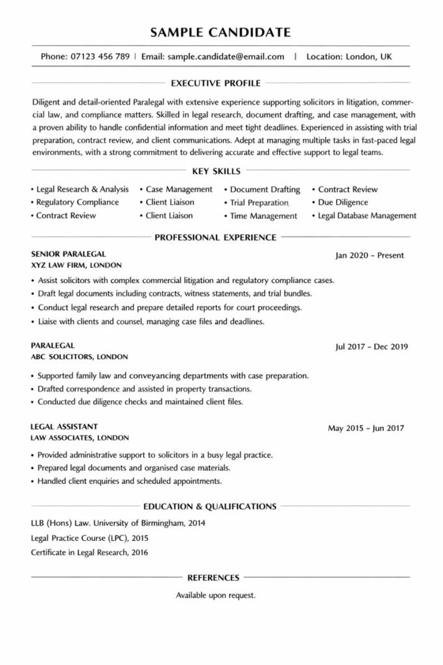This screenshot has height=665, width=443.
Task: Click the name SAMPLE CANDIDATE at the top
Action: tap(221, 32)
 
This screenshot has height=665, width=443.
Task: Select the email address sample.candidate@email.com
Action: tap(225, 56)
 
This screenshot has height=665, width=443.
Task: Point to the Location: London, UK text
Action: tap(349, 56)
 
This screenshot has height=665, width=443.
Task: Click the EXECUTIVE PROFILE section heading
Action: tap(215, 83)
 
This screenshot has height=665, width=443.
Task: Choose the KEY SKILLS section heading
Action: tap(217, 171)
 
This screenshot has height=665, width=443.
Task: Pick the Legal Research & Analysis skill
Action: tap(82, 189)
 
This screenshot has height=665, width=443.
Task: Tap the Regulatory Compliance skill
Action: tap(78, 202)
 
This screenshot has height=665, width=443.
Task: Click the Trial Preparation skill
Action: tap(259, 203)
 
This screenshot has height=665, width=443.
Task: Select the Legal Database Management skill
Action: tap(367, 216)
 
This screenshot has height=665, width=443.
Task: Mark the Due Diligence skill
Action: tap(344, 202)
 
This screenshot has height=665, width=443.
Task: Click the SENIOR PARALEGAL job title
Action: tap(68, 254)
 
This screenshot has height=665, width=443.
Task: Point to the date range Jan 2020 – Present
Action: tap(369, 255)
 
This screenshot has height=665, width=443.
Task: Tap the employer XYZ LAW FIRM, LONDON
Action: tap(76, 266)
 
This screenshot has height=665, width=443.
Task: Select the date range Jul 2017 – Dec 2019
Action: tap(371, 346)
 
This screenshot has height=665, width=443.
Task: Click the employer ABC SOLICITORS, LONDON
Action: tap(79, 357)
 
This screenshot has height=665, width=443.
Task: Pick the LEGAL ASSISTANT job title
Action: tap(64, 427)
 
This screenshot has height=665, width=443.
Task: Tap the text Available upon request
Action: tap(215, 595)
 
